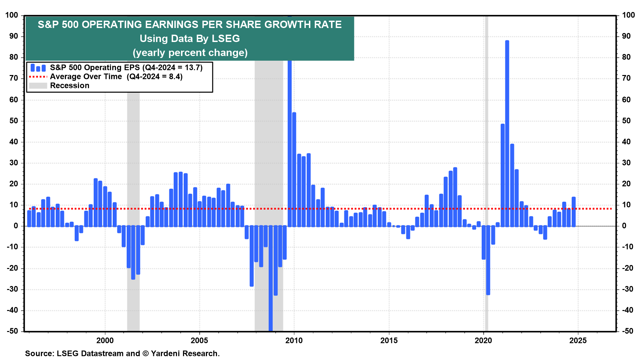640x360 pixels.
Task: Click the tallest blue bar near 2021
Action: (x=507, y=133)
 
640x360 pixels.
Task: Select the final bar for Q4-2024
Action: (x=574, y=212)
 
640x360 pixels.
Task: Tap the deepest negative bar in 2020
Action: (x=488, y=260)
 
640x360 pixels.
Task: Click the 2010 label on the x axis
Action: (x=294, y=340)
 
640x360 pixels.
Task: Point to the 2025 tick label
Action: (x=578, y=340)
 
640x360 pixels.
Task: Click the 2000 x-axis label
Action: (x=105, y=340)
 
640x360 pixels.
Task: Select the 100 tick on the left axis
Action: (x=12, y=15)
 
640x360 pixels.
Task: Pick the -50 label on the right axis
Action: (x=628, y=331)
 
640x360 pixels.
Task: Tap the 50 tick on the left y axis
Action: (x=14, y=121)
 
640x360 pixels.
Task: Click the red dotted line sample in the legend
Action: (x=38, y=77)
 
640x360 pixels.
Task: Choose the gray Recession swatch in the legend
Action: (x=38, y=86)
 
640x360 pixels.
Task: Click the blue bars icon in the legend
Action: (x=38, y=68)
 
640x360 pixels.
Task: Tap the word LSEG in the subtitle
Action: (x=226, y=39)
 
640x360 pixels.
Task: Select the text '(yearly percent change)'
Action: (x=190, y=53)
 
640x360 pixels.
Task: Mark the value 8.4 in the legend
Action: (x=175, y=77)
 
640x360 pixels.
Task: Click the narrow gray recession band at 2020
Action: (x=487, y=133)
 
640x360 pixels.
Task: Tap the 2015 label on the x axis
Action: (x=389, y=340)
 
